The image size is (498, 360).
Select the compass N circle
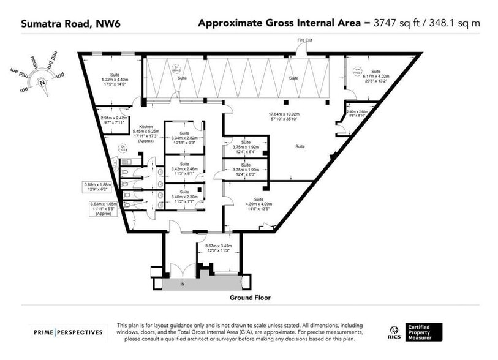pos(42,81)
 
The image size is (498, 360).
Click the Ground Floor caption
pos(250,298)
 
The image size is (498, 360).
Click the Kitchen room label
pos(146,126)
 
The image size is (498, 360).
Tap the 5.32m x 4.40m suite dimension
pos(115,79)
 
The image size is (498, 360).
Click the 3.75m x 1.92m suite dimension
pos(246,148)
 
